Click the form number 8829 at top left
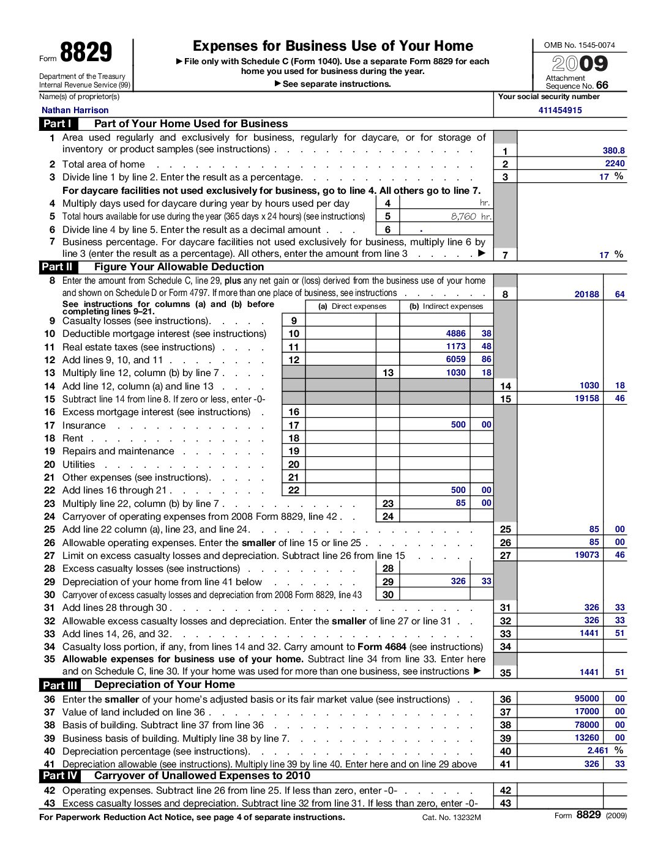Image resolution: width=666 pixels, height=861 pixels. coord(86,53)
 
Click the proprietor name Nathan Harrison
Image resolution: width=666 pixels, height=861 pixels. coord(75,111)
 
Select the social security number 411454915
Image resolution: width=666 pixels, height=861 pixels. coord(560,111)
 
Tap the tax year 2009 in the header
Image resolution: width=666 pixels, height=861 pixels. coord(580,64)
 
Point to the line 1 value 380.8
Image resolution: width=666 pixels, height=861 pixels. coord(613,150)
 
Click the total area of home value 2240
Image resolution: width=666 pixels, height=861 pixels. coord(615,163)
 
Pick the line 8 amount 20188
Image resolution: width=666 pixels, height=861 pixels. coord(586,294)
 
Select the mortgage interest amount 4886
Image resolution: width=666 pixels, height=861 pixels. coord(455,333)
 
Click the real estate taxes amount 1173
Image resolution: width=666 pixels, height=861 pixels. coord(455,346)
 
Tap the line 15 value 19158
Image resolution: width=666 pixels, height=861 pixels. coord(586,398)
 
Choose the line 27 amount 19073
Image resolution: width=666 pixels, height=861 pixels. coord(586,555)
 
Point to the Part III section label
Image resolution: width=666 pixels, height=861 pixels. coord(60,685)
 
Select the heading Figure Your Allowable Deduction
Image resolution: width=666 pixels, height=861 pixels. coord(179,267)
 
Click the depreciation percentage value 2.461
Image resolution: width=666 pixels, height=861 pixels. coord(597,750)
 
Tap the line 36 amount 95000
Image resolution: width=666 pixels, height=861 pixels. coord(586,698)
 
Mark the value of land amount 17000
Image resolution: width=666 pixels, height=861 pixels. coord(586,711)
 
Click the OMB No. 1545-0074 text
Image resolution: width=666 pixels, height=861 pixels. coord(579,45)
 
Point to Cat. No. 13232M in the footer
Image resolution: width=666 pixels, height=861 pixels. coord(451,818)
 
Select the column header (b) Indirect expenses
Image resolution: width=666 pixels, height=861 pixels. coord(446,306)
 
